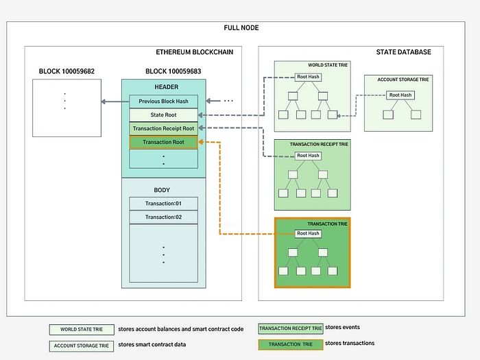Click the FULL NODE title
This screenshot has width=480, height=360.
point(241,27)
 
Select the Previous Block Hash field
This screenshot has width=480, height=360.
point(163,101)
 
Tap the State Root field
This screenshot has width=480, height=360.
point(163,115)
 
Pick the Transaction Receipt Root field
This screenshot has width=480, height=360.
point(163,128)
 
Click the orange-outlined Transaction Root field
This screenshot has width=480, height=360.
point(163,142)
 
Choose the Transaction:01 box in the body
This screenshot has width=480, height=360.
point(163,204)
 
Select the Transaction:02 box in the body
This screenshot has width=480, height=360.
point(163,217)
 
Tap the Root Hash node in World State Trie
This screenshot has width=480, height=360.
point(308,77)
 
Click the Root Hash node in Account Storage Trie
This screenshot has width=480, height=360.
point(400,95)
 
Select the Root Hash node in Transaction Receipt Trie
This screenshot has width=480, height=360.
point(308,156)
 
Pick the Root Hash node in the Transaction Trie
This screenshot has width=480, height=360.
point(308,234)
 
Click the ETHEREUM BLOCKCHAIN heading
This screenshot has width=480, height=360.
point(195,52)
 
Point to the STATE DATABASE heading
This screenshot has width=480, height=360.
point(404,52)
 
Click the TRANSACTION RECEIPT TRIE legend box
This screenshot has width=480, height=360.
point(291,328)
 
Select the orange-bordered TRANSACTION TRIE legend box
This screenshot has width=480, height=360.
point(291,344)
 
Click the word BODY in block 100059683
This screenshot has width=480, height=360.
point(163,189)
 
